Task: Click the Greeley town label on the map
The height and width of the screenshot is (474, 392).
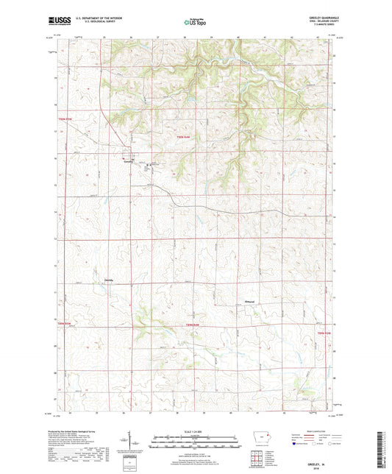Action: (x=128, y=160)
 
